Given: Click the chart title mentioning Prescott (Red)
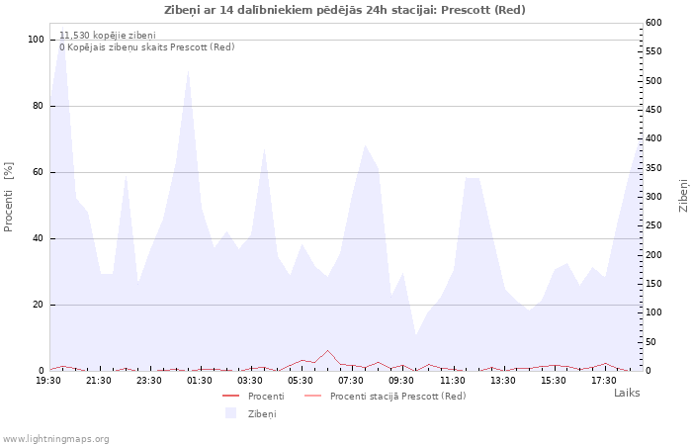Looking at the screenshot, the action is [345, 10].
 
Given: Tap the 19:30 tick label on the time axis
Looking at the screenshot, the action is [48, 381].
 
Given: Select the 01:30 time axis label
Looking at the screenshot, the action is [200, 381].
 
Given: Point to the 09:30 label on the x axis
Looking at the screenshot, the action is [401, 381].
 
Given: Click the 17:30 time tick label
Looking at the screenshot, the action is [604, 381].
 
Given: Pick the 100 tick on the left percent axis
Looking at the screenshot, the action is [37, 40].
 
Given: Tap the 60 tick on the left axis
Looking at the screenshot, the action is [39, 172].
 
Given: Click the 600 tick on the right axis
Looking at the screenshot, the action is [653, 23].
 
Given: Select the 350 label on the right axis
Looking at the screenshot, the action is [653, 168].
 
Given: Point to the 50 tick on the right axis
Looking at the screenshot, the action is [650, 342].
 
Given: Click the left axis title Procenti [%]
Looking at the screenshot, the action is [8, 197].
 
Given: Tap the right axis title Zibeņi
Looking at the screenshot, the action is [684, 196].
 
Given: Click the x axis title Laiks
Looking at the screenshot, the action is [627, 393].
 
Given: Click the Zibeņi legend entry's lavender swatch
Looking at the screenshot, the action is [230, 413].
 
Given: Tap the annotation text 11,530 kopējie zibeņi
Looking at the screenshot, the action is [108, 36].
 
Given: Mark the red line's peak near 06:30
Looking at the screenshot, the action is [327, 350].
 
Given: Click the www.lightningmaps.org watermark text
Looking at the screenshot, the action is [54, 439].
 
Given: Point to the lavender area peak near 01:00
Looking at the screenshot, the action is [189, 71].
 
